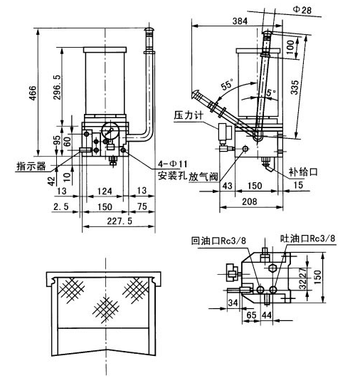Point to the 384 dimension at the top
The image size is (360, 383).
[x=240, y=21]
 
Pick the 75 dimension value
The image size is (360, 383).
[x=141, y=206]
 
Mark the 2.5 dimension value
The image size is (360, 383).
[x=60, y=206]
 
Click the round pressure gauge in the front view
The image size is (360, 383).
[x=111, y=133]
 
